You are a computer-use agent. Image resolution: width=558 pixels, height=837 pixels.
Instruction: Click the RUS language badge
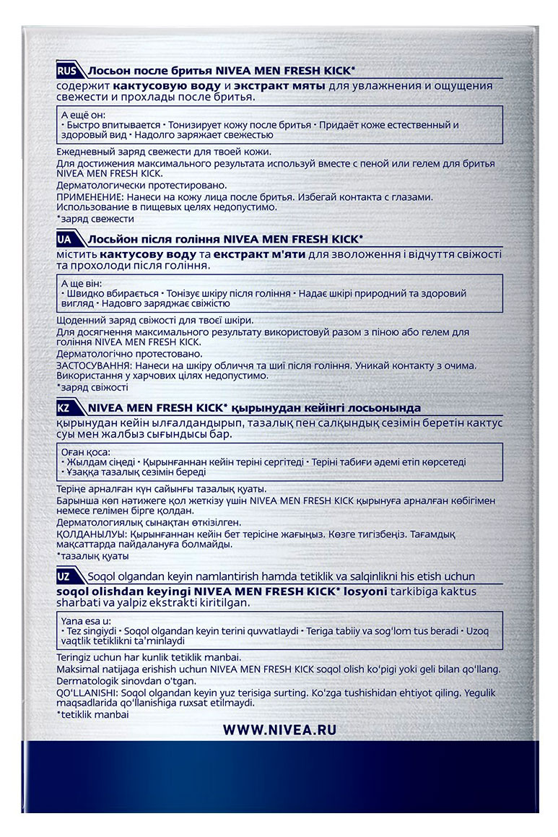pyautogui.click(x=70, y=71)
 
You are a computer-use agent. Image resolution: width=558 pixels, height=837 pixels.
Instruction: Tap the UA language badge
pyautogui.click(x=69, y=239)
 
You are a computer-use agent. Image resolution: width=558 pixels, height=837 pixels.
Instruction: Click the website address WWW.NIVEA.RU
pyautogui.click(x=279, y=730)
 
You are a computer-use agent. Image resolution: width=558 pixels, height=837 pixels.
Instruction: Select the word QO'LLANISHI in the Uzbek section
pyautogui.click(x=84, y=691)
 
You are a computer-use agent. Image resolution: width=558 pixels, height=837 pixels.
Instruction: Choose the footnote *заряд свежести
pyautogui.click(x=95, y=218)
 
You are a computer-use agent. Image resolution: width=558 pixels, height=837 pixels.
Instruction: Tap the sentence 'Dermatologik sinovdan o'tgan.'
pyautogui.click(x=123, y=680)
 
